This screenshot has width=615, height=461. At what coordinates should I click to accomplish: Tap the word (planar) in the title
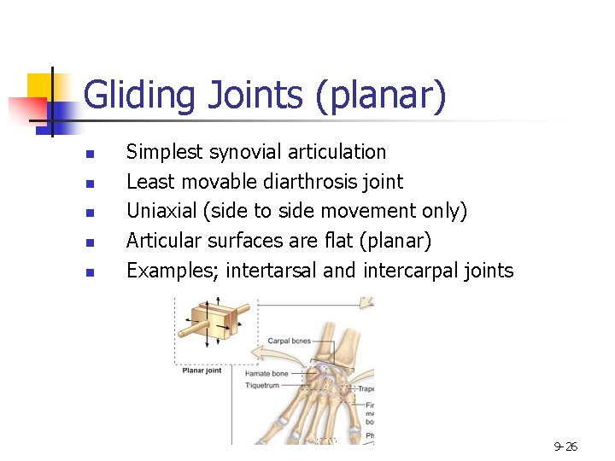tap(381, 96)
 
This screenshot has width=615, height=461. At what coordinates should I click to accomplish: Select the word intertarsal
tap(272, 271)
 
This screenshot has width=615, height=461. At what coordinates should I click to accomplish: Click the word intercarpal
tap(407, 271)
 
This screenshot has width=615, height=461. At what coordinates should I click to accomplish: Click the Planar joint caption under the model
tap(202, 371)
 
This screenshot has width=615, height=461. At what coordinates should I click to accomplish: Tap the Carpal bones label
tap(290, 341)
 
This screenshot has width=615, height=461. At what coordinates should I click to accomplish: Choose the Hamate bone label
tap(266, 373)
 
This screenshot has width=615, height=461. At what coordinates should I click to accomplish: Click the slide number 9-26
tap(565, 446)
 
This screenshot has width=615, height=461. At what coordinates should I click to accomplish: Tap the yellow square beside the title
tap(41, 89)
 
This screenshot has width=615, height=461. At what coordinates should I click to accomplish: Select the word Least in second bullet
tap(147, 182)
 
